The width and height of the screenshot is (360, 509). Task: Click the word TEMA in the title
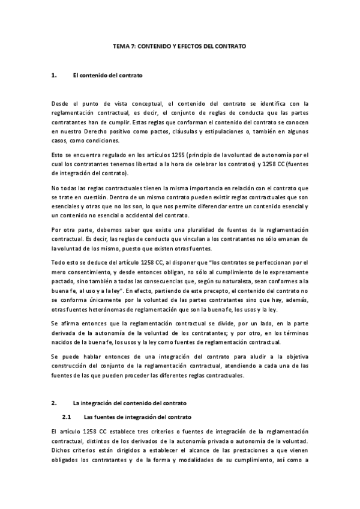(x=121, y=46)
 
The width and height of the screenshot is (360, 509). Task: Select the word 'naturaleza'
(x=239, y=283)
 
